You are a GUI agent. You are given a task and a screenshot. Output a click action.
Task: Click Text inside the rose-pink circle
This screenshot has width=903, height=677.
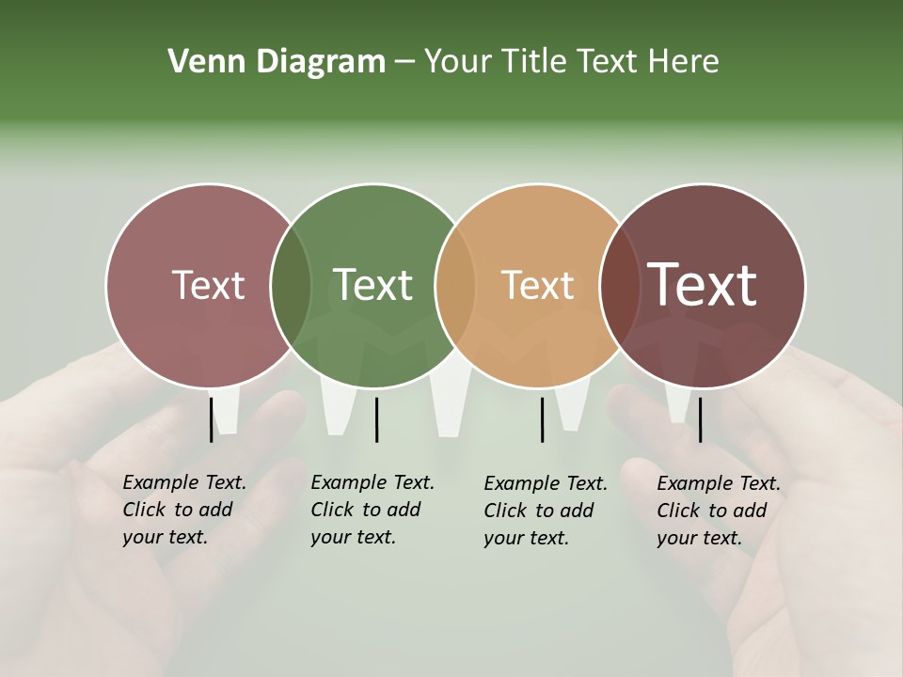(x=208, y=286)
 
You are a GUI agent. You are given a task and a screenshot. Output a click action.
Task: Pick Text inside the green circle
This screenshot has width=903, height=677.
(x=373, y=286)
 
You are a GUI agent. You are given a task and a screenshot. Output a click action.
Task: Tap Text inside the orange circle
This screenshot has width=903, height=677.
(x=538, y=286)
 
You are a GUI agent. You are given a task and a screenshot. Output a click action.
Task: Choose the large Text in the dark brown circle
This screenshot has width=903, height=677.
(x=703, y=286)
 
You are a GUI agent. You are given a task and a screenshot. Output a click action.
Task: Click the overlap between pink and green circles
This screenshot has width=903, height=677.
(x=291, y=286)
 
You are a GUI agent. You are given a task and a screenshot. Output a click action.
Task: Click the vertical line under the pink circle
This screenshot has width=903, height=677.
(x=211, y=419)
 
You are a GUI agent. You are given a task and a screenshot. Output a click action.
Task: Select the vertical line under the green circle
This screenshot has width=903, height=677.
(x=376, y=419)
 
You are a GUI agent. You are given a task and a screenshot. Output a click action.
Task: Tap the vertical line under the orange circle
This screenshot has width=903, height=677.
(x=542, y=419)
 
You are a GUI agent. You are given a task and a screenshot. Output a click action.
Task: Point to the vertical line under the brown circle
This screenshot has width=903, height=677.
(x=700, y=419)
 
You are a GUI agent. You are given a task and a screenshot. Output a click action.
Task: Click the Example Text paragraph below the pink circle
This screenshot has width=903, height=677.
(x=184, y=510)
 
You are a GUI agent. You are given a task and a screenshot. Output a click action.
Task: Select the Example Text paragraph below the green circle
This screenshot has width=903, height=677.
(x=372, y=510)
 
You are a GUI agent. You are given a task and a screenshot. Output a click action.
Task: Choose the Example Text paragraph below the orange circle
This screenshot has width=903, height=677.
(x=546, y=511)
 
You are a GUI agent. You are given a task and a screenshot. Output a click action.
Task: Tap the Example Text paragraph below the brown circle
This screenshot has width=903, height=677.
(x=719, y=511)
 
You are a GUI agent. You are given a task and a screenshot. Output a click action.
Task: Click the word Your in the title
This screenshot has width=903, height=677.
(x=457, y=62)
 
